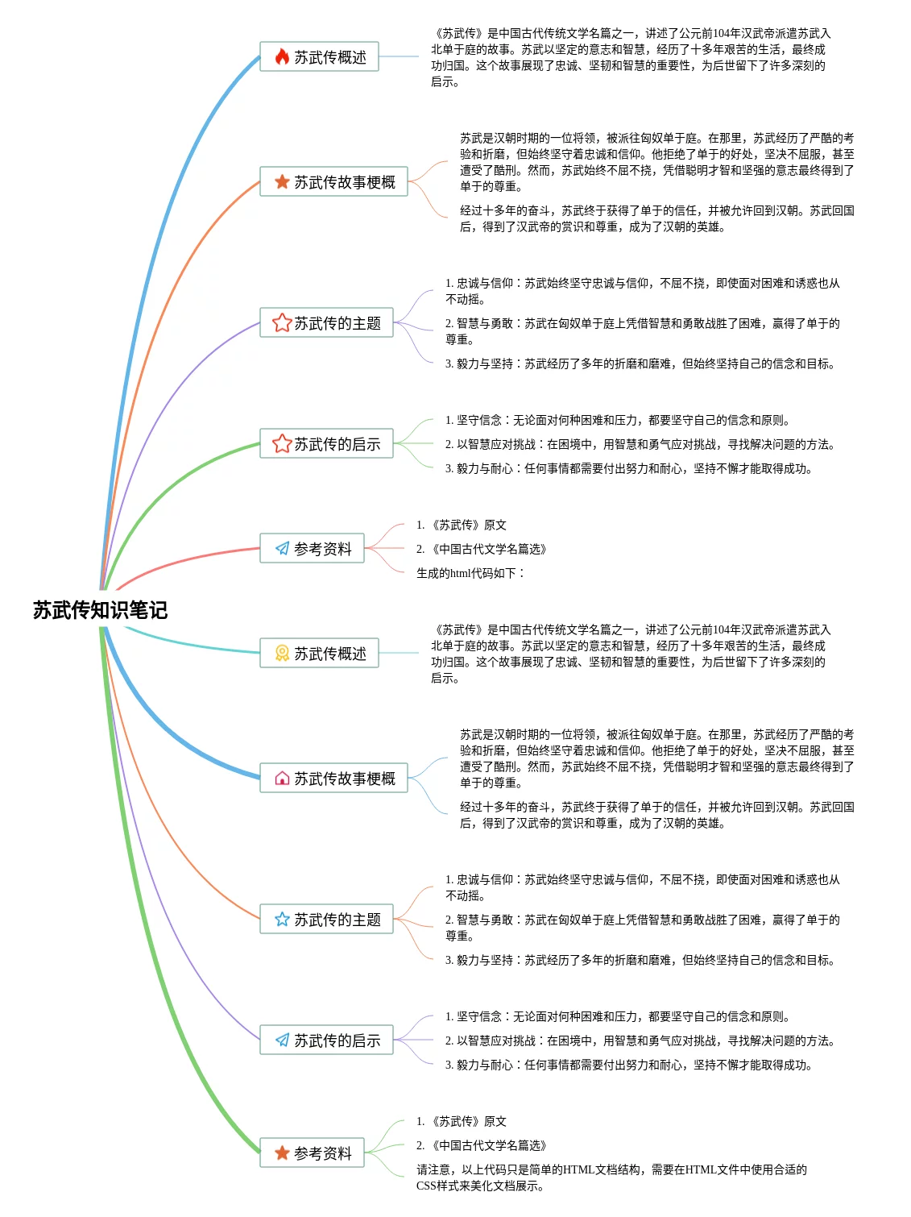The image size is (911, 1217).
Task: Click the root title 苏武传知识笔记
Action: coord(100,610)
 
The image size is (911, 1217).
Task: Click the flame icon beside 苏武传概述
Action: coord(282,56)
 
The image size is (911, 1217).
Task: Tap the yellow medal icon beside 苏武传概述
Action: coord(282,653)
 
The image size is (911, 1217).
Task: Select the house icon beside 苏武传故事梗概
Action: coord(282,778)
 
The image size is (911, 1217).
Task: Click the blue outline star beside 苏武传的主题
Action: coord(282,919)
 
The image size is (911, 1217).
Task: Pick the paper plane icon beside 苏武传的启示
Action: coord(282,1040)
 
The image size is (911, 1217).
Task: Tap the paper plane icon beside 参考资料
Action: coord(282,548)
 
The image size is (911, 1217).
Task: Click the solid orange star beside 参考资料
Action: coord(282,1153)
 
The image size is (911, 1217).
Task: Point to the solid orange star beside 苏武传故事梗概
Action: coord(282,181)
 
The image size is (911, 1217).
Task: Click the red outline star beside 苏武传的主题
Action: coord(282,322)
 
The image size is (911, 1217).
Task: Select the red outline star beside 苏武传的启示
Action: coord(282,443)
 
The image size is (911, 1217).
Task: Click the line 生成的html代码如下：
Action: coord(470,573)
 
